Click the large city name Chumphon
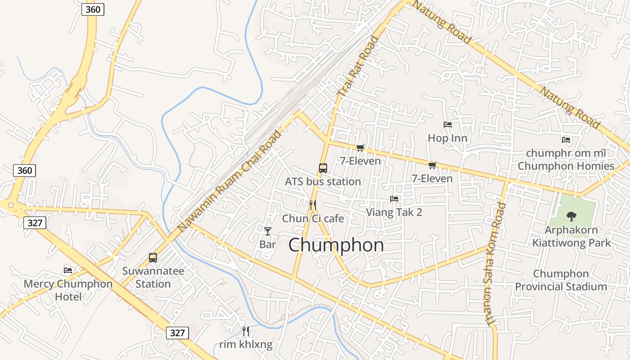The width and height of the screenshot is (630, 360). (336, 245)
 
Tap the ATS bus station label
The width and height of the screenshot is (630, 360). (323, 181)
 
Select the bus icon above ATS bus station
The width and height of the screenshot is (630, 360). (323, 169)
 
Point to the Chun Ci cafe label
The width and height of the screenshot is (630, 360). (313, 219)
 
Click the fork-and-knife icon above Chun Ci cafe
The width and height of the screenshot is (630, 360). (313, 206)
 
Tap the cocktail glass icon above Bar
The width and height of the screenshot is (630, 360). (268, 231)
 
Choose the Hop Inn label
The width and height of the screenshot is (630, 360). (447, 138)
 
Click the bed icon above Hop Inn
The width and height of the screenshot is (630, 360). (447, 125)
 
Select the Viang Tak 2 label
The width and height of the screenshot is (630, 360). (394, 212)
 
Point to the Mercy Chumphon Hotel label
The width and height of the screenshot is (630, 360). (68, 290)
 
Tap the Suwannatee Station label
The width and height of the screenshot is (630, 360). (153, 278)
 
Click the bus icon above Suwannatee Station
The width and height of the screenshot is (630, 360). (153, 258)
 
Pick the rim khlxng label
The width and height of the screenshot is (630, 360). (246, 345)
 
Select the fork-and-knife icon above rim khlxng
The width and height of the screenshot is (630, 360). (246, 332)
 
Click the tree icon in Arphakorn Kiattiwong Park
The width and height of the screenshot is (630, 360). (571, 216)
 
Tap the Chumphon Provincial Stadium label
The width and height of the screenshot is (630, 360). (561, 280)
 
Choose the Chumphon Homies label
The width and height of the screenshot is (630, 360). (566, 166)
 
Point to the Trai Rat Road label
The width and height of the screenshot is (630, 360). (359, 66)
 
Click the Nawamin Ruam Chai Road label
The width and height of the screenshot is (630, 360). (229, 181)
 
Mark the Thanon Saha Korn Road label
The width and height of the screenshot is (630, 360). (495, 265)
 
